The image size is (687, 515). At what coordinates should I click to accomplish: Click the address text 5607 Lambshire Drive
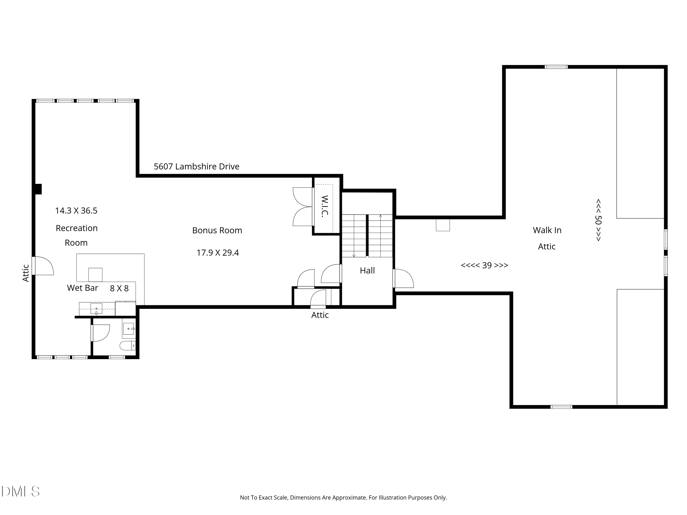tap(196, 166)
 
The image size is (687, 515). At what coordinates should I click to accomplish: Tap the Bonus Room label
tap(217, 230)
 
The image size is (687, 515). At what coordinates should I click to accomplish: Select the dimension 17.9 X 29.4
tap(217, 253)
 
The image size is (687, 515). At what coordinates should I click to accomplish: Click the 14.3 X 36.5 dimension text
tap(76, 211)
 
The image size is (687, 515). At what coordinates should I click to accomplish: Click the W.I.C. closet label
tap(324, 206)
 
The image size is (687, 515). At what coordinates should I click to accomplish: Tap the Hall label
tap(367, 270)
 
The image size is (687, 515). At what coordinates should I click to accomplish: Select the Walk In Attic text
tap(547, 238)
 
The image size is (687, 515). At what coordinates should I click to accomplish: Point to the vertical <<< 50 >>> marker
tap(598, 220)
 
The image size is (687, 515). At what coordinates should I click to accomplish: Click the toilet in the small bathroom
tap(128, 345)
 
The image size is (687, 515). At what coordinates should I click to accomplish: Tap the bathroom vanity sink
tap(128, 329)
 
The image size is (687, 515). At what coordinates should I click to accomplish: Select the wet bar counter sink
tap(96, 309)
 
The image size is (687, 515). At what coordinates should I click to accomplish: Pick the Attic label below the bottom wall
tap(320, 315)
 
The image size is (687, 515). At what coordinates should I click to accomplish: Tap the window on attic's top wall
tap(556, 67)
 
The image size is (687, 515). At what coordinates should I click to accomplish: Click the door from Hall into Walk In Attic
tap(403, 279)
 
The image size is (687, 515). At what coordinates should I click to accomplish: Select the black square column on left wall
tap(38, 189)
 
